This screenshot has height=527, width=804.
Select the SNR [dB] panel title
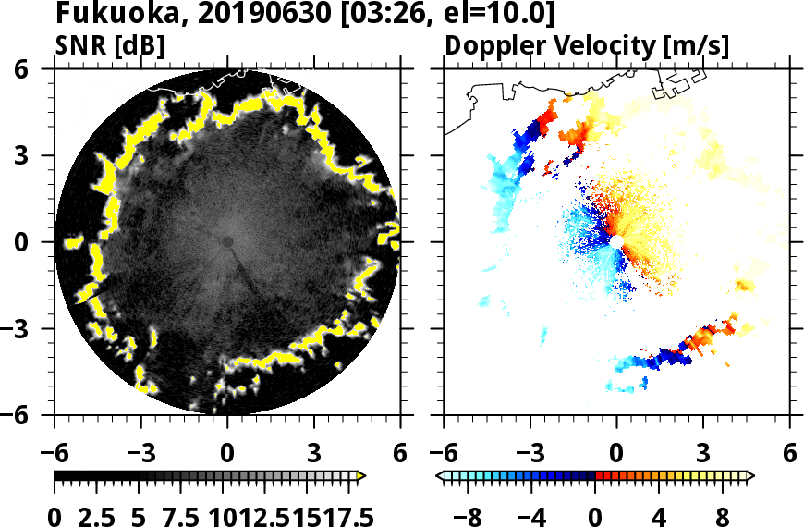(x=110, y=45)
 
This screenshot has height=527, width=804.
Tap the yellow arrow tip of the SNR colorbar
(x=361, y=476)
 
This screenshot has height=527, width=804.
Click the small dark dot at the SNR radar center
(x=227, y=242)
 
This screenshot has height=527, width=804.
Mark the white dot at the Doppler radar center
(x=615, y=241)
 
